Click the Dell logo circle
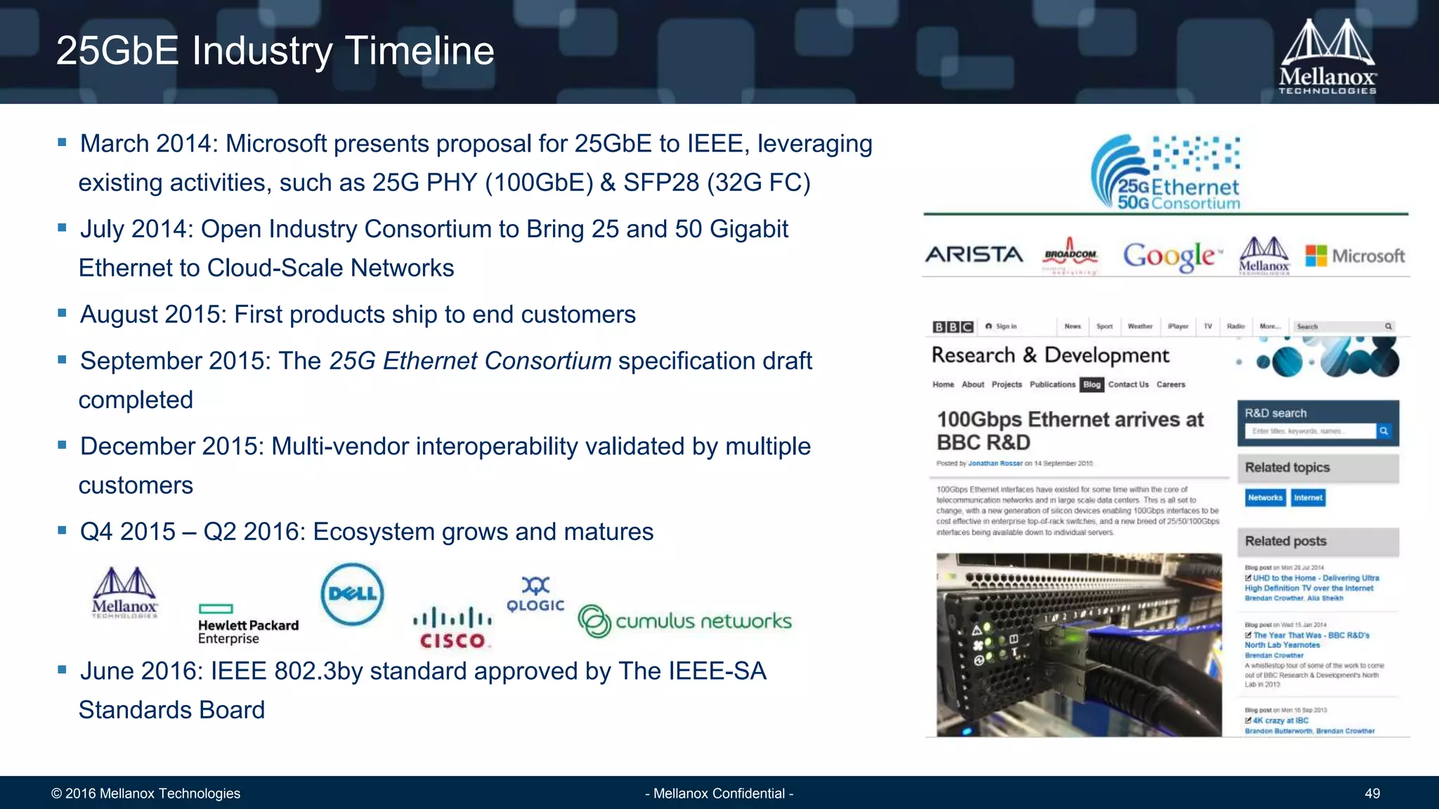click(x=352, y=594)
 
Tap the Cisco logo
click(x=452, y=628)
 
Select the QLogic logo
click(x=535, y=596)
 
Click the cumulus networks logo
click(x=684, y=621)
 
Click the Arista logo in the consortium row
click(x=974, y=254)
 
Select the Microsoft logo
click(x=1355, y=256)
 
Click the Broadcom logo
click(x=1070, y=254)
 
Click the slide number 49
click(x=1372, y=794)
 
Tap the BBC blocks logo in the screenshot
click(x=952, y=327)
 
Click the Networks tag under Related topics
click(x=1265, y=498)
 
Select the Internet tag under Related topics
click(x=1308, y=498)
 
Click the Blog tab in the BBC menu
click(x=1091, y=385)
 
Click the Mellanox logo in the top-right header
click(x=1327, y=56)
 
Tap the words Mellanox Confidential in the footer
click(x=719, y=794)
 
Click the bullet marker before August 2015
click(x=62, y=313)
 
